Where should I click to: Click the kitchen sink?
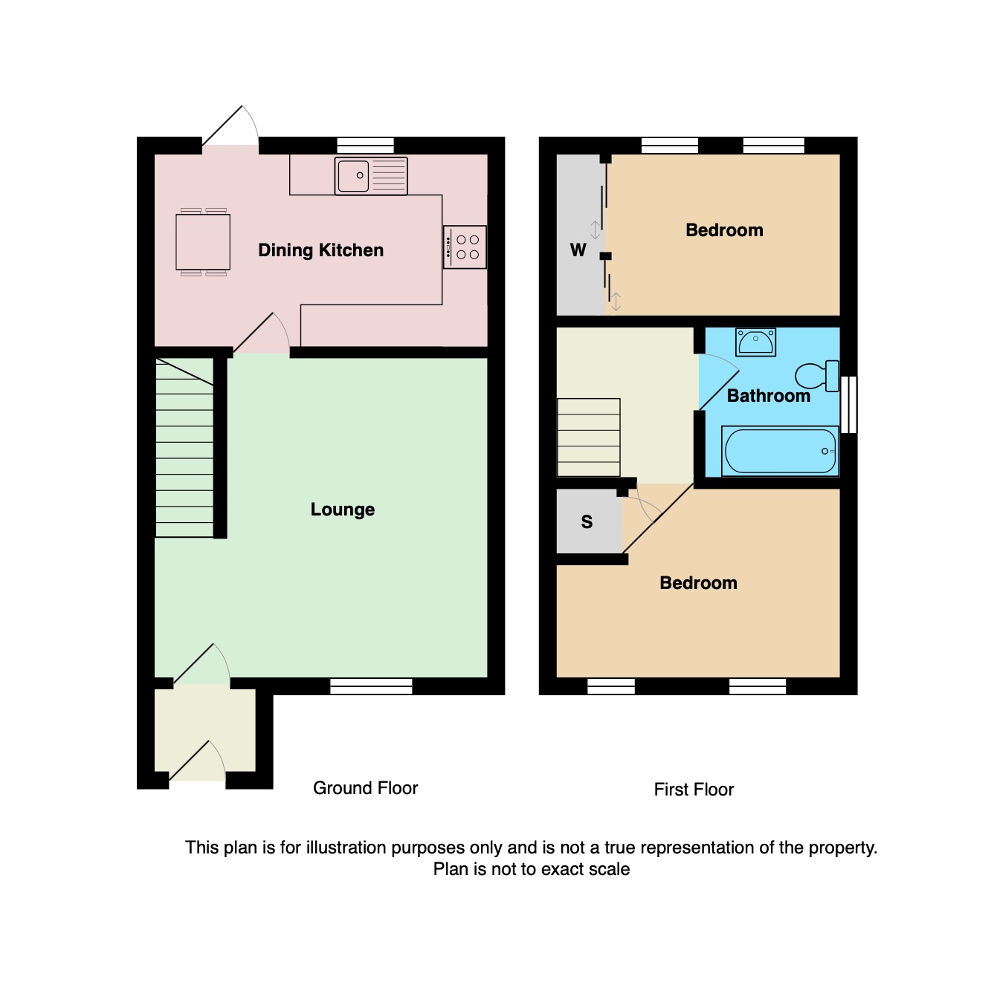[371, 176]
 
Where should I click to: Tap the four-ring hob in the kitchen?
[465, 247]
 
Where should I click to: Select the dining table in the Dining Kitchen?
[203, 242]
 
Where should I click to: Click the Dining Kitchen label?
[320, 250]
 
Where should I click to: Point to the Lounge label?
[342, 510]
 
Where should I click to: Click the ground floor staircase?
[184, 448]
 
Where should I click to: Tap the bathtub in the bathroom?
[780, 451]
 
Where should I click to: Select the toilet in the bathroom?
[819, 375]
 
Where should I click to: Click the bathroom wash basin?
[755, 342]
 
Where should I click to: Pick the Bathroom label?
[768, 396]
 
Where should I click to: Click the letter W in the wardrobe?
[578, 250]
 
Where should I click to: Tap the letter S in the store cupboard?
[587, 522]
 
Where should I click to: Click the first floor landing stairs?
[588, 437]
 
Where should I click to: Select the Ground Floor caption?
[365, 788]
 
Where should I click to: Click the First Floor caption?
[694, 790]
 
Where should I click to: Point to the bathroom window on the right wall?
[848, 405]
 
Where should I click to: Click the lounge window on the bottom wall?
[371, 686]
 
